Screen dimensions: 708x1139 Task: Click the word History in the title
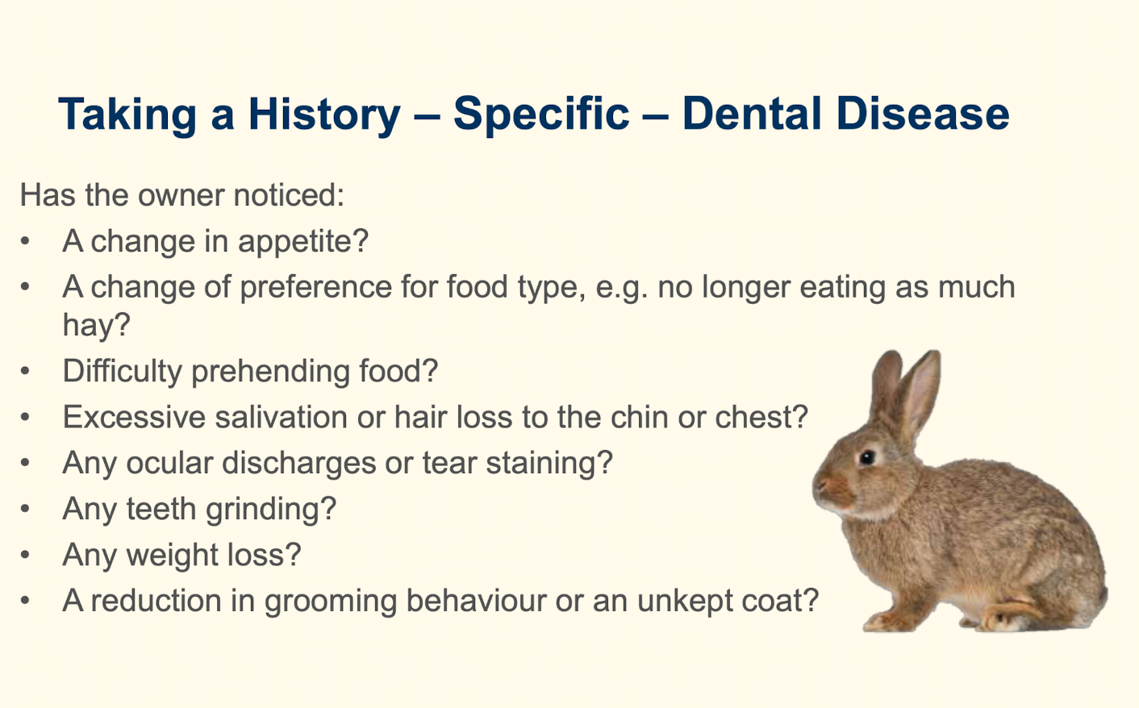tap(323, 114)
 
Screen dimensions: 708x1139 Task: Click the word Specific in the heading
tap(540, 114)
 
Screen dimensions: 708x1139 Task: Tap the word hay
tap(90, 325)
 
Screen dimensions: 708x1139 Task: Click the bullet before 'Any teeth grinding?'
tap(27, 509)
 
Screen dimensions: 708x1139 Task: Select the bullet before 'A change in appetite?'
tap(27, 241)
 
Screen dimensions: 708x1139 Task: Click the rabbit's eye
tap(867, 457)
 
